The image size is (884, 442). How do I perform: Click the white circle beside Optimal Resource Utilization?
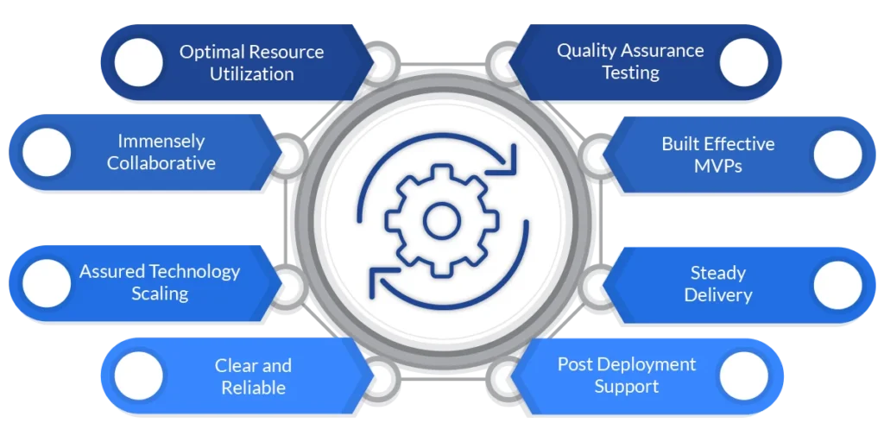[138, 62]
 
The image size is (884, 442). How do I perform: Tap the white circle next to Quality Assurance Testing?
[743, 62]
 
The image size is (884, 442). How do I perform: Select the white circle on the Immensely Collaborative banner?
[47, 152]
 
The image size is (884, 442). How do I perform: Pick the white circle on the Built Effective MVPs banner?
[837, 155]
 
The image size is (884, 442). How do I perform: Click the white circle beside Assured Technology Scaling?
[47, 283]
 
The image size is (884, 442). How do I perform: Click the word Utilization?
[251, 74]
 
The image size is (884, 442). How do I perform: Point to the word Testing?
[630, 73]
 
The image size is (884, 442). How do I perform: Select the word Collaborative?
[161, 162]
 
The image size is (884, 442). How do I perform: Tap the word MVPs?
[717, 166]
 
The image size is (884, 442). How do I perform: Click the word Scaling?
[160, 294]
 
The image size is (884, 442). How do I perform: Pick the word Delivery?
[718, 295]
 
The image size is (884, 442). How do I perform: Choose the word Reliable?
[253, 388]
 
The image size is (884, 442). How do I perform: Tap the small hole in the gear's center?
[441, 221]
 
